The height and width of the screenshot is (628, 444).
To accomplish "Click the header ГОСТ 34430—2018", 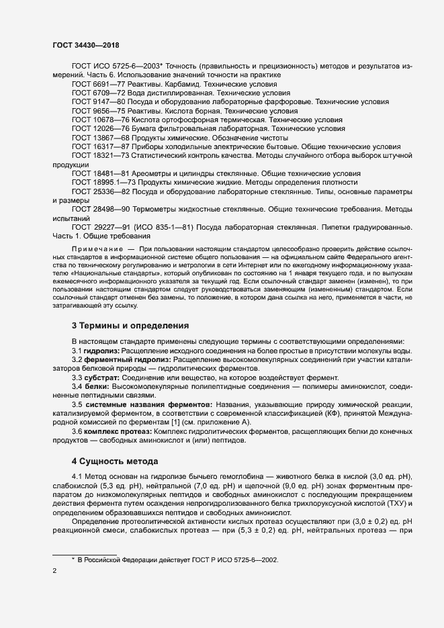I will pyautogui.click(x=90, y=44).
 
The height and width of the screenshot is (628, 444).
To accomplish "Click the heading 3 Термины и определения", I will pyautogui.click(x=130, y=326).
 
